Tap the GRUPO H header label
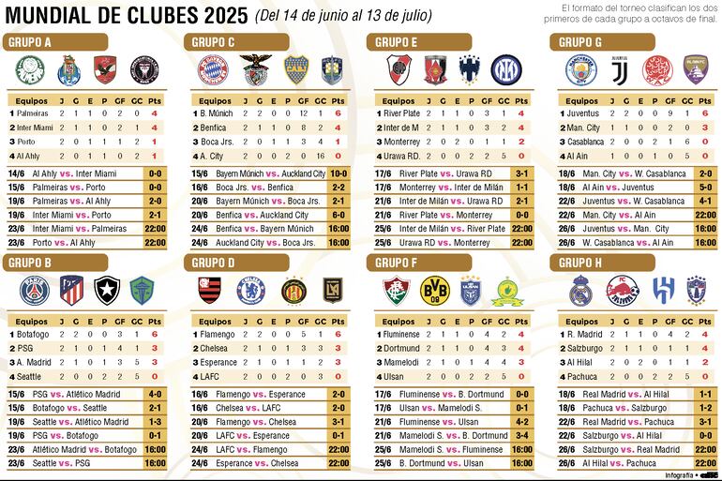(x=580, y=263)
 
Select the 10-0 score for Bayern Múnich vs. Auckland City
(x=338, y=173)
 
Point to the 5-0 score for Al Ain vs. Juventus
(x=704, y=188)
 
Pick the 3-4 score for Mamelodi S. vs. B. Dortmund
(x=521, y=435)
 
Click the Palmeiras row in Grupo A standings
(x=34, y=113)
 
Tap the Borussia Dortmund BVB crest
(x=434, y=290)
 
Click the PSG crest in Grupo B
(x=32, y=291)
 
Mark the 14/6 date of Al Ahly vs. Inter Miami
(x=16, y=173)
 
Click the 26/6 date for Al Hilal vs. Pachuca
(x=567, y=462)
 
